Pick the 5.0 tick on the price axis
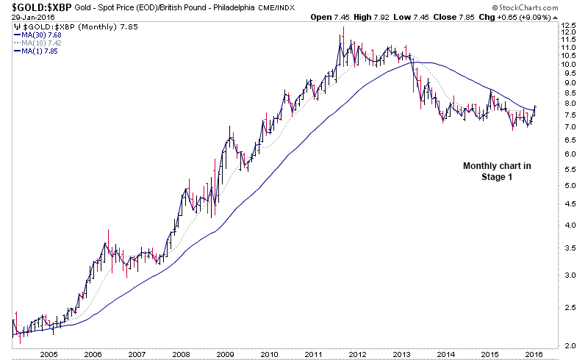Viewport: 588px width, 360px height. point(567,185)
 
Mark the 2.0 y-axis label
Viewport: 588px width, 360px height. point(567,345)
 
